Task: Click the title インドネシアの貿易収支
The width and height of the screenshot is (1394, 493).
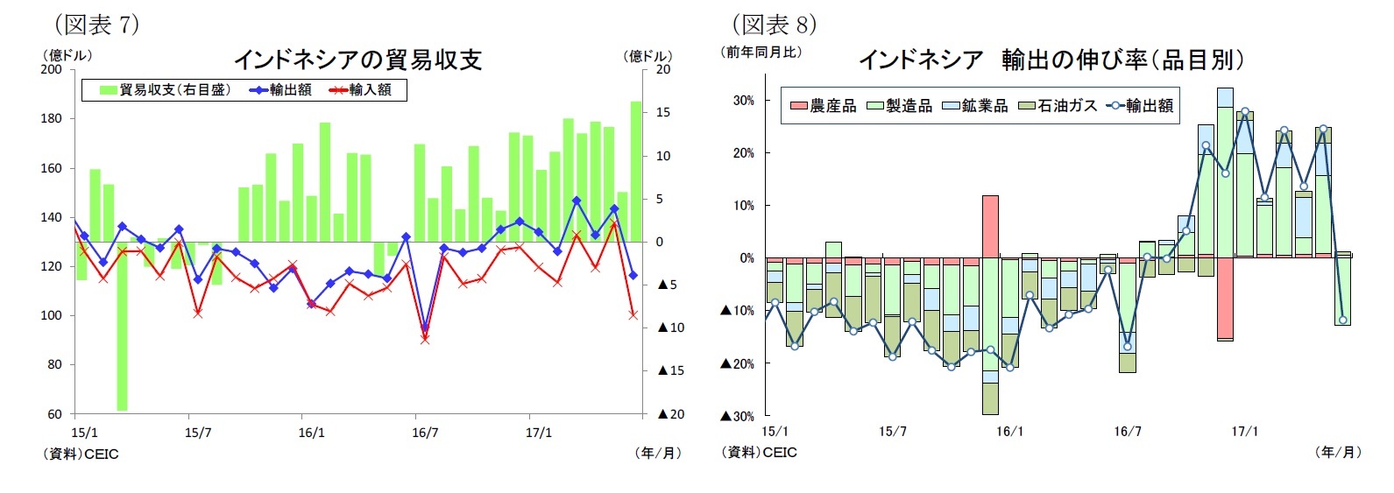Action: coord(357,60)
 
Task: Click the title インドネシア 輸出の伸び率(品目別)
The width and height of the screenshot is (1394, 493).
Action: coord(1051,60)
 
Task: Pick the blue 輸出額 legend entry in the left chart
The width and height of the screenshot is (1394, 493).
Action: coord(280,89)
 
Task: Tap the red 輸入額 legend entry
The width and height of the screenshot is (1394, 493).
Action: coord(360,89)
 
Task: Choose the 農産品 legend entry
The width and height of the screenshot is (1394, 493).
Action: coord(824,106)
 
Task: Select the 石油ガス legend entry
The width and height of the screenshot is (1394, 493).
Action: coord(1058,106)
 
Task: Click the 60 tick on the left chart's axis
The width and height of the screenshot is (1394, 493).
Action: coord(54,414)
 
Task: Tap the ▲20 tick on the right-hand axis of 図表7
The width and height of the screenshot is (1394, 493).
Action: coord(670,414)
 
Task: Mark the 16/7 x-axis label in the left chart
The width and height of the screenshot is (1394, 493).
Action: coord(425,433)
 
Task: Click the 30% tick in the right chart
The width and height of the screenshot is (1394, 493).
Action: coord(743,101)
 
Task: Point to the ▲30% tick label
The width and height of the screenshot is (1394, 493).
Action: coord(738,416)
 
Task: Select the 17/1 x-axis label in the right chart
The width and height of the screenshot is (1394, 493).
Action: coord(1244,432)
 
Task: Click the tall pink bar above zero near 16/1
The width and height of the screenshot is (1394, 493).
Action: coord(990,226)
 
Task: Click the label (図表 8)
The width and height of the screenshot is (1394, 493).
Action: coord(775,24)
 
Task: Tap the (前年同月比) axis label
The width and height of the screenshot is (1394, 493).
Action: coord(761,52)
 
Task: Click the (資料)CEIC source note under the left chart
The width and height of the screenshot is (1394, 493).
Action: coord(81,454)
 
